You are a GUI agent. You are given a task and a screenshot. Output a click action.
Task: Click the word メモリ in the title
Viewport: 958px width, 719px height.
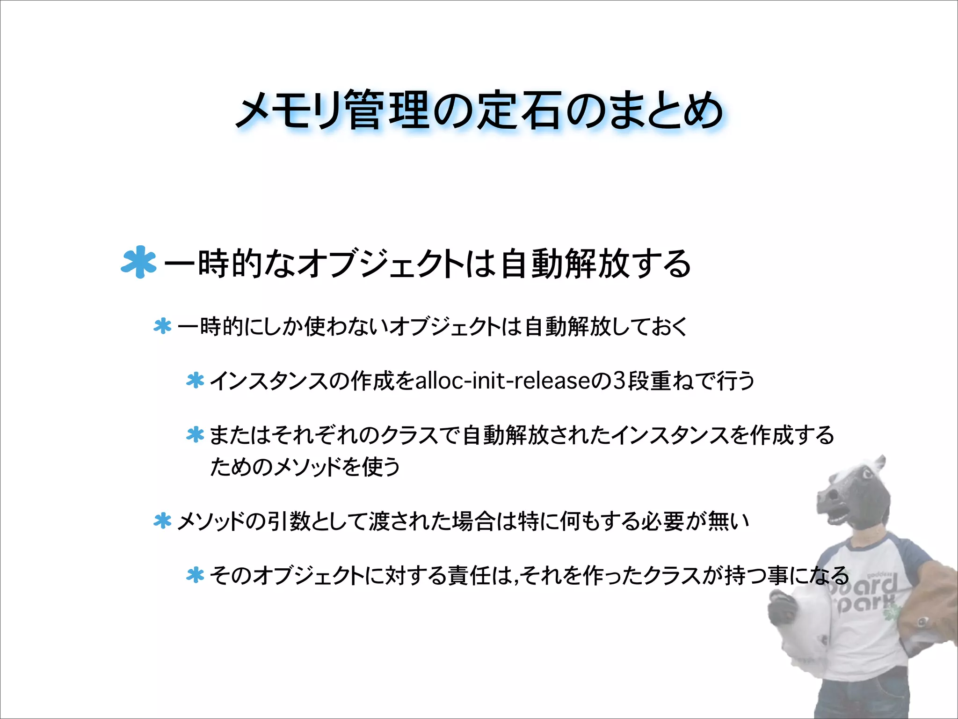[x=290, y=111]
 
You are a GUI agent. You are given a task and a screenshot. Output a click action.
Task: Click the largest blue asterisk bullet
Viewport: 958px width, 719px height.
[x=138, y=262]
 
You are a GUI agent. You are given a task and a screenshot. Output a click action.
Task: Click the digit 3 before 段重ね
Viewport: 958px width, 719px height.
[x=619, y=381]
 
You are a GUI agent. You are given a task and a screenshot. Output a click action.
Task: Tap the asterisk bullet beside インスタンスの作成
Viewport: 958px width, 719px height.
[x=195, y=381]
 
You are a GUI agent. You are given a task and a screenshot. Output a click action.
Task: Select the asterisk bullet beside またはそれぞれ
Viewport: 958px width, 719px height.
[x=195, y=435]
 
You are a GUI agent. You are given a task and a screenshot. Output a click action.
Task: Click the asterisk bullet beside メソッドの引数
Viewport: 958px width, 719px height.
[x=162, y=521]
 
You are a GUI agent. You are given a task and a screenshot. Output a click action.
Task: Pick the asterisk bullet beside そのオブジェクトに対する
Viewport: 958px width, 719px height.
[x=195, y=575]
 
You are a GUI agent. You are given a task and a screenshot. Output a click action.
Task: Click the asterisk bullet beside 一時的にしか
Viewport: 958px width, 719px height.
[x=162, y=326]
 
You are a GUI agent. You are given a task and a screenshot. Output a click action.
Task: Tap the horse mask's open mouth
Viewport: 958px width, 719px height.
[x=836, y=515]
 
